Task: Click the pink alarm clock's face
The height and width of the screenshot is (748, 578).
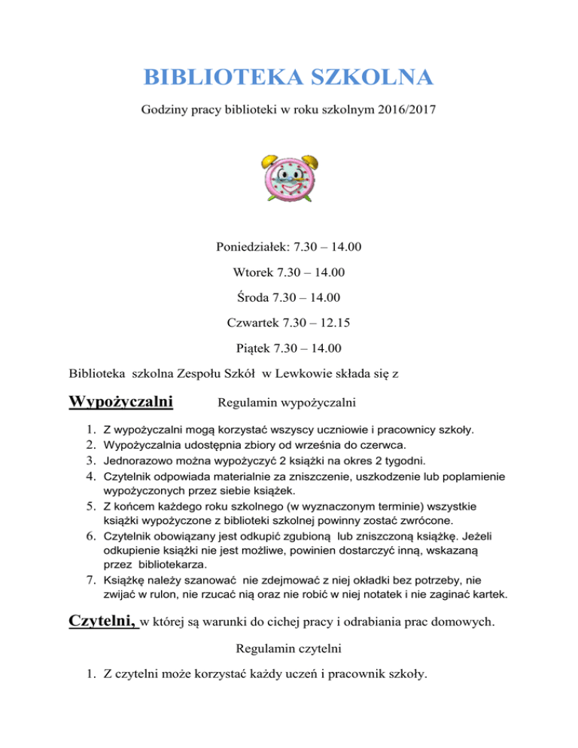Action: tap(289, 181)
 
